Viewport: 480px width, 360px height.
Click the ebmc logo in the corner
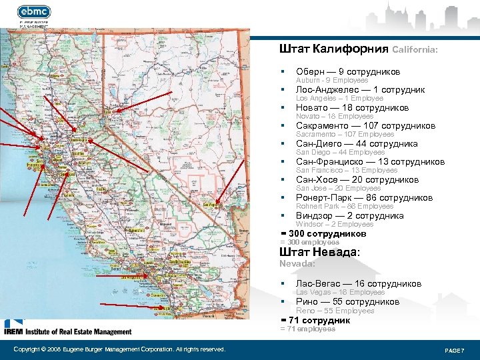click(x=34, y=11)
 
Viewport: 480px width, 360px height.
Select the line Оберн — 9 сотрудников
click(x=348, y=71)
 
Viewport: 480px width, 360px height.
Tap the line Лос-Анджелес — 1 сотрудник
click(x=360, y=89)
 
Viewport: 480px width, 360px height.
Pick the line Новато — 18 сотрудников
click(x=352, y=107)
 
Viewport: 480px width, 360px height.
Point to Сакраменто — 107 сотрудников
click(x=365, y=125)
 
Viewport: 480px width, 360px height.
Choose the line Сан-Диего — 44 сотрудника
click(x=357, y=143)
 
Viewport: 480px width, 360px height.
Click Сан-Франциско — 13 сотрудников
click(x=370, y=161)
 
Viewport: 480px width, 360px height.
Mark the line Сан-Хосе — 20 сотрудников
click(x=357, y=179)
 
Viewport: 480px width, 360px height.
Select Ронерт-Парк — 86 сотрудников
click(x=364, y=197)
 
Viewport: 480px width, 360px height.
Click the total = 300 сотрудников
click(x=323, y=233)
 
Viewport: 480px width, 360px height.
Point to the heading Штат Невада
click(x=319, y=252)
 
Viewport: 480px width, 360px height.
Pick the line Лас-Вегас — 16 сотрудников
click(x=358, y=283)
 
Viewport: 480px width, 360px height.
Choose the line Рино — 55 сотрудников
click(x=347, y=301)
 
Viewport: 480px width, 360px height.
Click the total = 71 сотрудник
click(x=315, y=320)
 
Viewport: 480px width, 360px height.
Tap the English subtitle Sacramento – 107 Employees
click(x=345, y=135)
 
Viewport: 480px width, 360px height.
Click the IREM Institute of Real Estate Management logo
click(x=67, y=329)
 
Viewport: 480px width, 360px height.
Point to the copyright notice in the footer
click(x=119, y=349)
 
